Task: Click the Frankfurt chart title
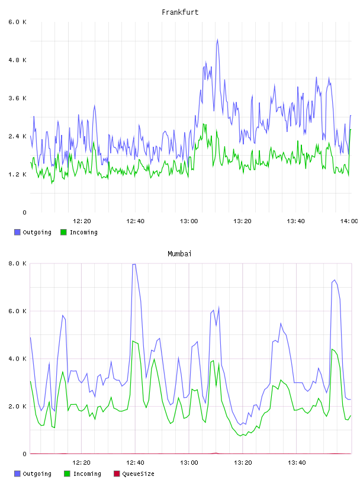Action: click(x=180, y=12)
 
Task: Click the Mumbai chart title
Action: click(x=179, y=254)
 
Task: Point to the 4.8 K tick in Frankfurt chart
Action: click(x=17, y=60)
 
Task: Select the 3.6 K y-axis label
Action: click(x=17, y=98)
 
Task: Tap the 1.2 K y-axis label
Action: click(x=17, y=175)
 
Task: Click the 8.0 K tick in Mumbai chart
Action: click(x=17, y=263)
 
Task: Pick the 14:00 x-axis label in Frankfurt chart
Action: click(x=349, y=221)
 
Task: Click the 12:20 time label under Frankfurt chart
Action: click(x=82, y=221)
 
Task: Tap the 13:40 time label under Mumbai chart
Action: click(x=297, y=463)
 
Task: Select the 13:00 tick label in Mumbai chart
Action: click(x=189, y=463)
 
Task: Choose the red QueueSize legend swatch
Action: click(x=117, y=474)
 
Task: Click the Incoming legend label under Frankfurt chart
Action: click(x=83, y=232)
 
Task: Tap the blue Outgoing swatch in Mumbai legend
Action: click(x=17, y=474)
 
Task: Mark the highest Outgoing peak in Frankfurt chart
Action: click(x=217, y=40)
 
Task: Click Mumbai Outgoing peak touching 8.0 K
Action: click(x=134, y=265)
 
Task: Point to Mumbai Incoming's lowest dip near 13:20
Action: click(x=240, y=436)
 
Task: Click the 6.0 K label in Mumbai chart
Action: click(x=17, y=311)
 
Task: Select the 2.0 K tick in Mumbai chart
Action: click(x=17, y=406)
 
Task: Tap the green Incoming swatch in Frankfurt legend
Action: click(x=63, y=232)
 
